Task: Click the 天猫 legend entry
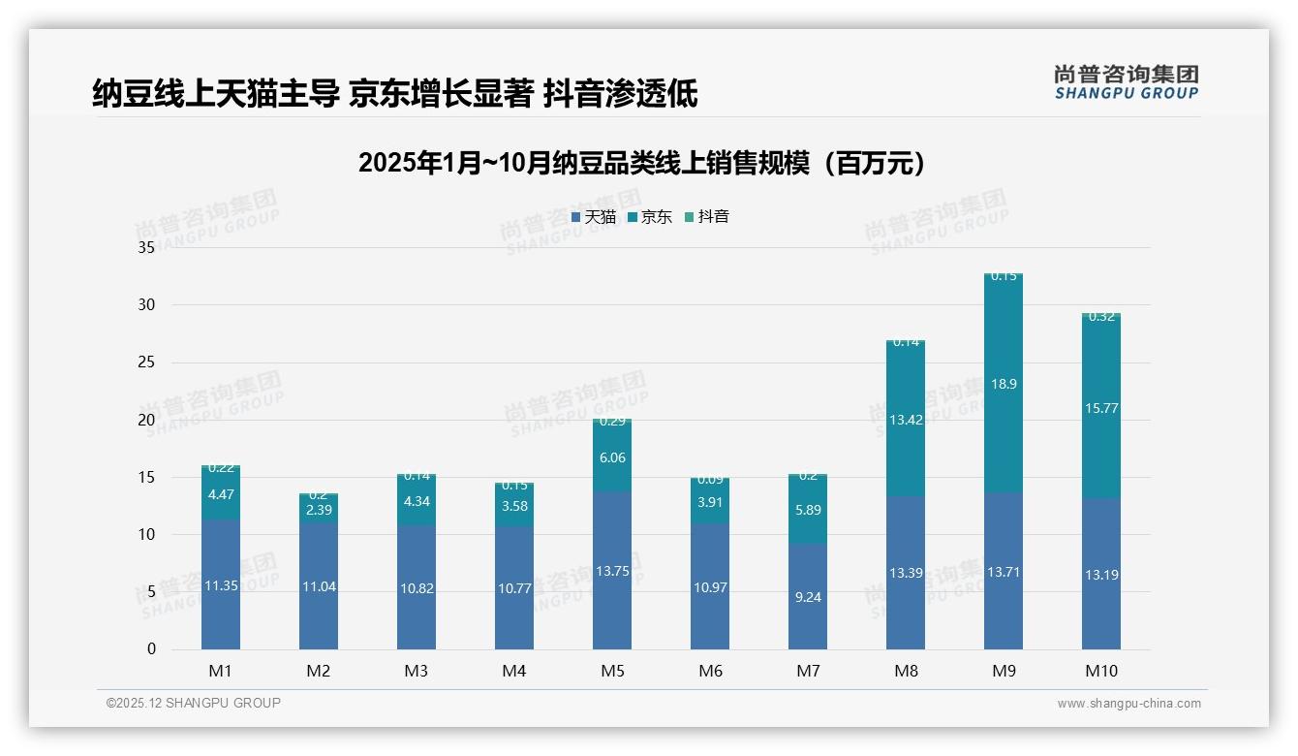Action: click(594, 217)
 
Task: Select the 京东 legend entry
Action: click(650, 217)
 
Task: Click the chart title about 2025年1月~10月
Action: click(641, 163)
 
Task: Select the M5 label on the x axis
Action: click(612, 671)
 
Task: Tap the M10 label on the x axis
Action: click(1100, 671)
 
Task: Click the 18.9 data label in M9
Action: click(1004, 384)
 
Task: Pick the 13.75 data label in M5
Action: click(612, 571)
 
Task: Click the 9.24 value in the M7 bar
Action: click(808, 597)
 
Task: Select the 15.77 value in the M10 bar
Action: click(1101, 408)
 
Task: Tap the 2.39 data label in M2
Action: click(319, 510)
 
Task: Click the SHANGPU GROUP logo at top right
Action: click(1126, 82)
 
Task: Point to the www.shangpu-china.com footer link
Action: click(1128, 704)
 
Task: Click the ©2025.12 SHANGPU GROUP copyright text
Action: click(194, 704)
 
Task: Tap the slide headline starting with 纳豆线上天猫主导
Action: click(394, 93)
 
